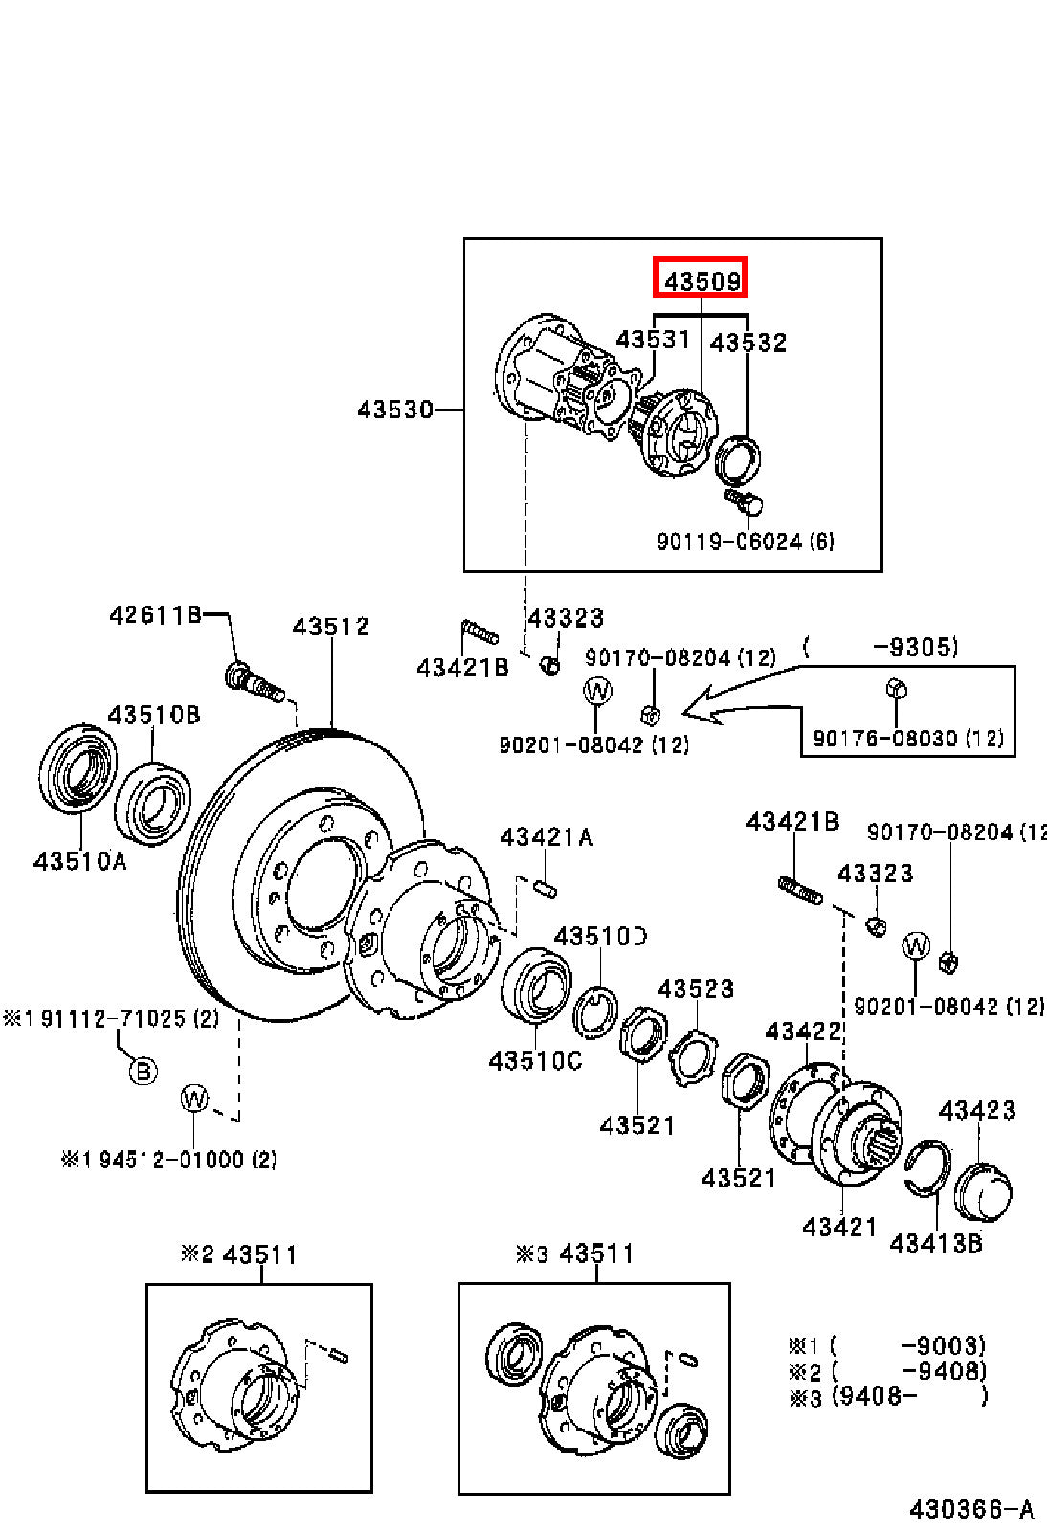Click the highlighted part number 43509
click(x=702, y=281)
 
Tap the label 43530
click(x=395, y=410)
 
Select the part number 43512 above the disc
click(x=331, y=626)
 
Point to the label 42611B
click(x=156, y=615)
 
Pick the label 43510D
click(x=600, y=936)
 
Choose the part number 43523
click(x=696, y=988)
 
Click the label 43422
click(x=803, y=1031)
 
